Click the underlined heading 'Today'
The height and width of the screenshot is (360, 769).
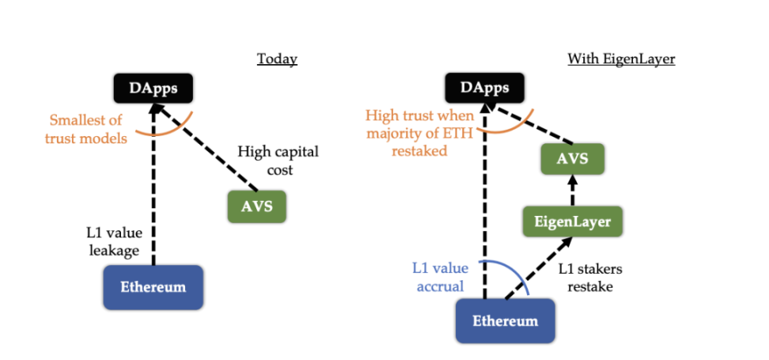[x=277, y=59]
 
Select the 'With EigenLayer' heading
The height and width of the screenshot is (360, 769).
[x=621, y=59]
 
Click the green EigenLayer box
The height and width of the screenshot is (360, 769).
[x=572, y=222]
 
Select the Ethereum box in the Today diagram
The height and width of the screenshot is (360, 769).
[x=153, y=286]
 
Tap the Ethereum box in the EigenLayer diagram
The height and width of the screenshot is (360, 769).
[x=505, y=321]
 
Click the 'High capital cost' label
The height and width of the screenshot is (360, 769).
[x=278, y=160]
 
